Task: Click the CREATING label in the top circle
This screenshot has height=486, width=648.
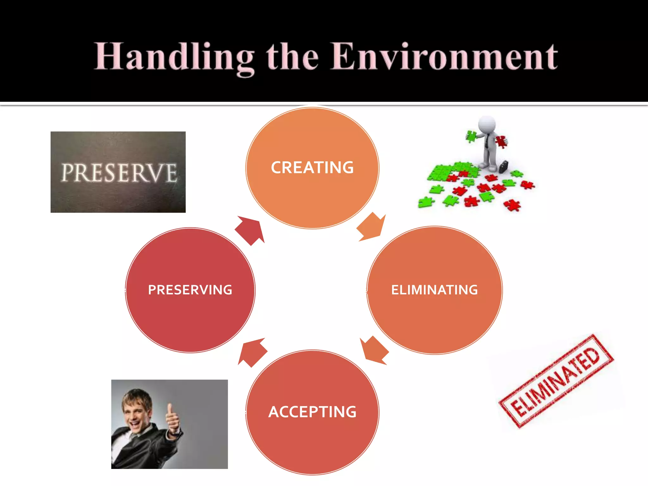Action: coord(312,168)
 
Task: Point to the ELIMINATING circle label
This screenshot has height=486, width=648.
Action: coord(434,290)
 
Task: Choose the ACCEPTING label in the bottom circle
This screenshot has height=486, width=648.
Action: coord(312,412)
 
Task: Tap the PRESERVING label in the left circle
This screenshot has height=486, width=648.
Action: coord(190,290)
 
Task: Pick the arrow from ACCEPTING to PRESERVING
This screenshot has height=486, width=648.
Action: coord(252,352)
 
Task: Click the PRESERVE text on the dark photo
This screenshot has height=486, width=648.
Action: coord(119,173)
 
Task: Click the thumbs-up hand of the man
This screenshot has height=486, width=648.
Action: coord(172,418)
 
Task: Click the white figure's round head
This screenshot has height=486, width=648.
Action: coord(487,124)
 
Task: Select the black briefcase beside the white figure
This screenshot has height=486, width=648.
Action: coord(503,166)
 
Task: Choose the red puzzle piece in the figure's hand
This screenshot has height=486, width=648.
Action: coord(501,141)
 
